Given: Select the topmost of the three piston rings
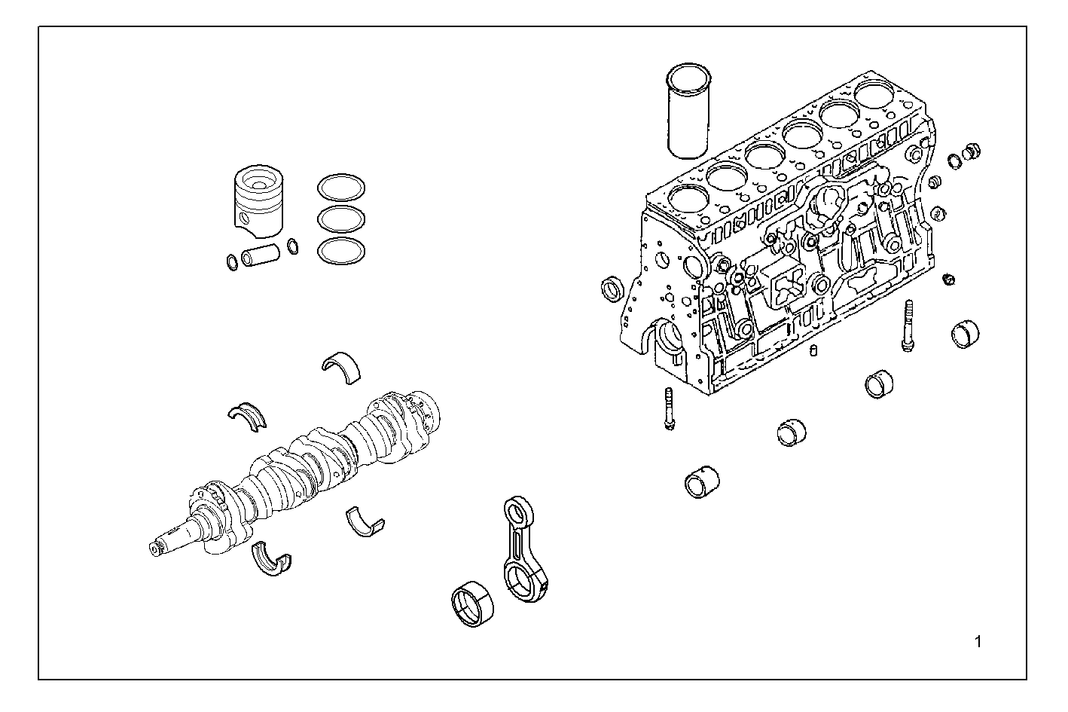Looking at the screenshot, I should (341, 187).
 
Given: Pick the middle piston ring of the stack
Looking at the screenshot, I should (341, 218).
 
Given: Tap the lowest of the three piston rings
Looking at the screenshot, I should (341, 251).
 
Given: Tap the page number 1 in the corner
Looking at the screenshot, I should (978, 642).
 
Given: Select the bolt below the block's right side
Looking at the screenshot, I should (908, 324).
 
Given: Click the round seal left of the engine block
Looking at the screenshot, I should (612, 287).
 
